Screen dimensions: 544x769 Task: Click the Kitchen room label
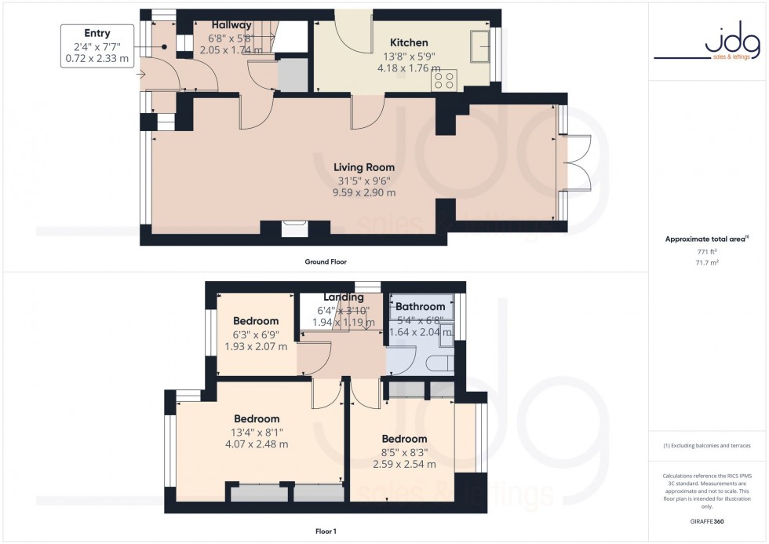tap(409, 42)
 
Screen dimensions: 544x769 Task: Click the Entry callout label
tap(97, 33)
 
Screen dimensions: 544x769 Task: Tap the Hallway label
tap(230, 25)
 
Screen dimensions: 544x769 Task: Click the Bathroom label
tap(421, 306)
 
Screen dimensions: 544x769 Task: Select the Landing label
tap(343, 298)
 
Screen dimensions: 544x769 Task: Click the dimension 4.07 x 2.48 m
tap(256, 444)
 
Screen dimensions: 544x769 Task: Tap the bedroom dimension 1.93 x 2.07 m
tap(256, 346)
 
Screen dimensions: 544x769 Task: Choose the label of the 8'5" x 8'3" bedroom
tap(404, 439)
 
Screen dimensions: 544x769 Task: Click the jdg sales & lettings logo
tap(706, 44)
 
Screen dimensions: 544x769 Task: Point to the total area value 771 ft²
tap(708, 251)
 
